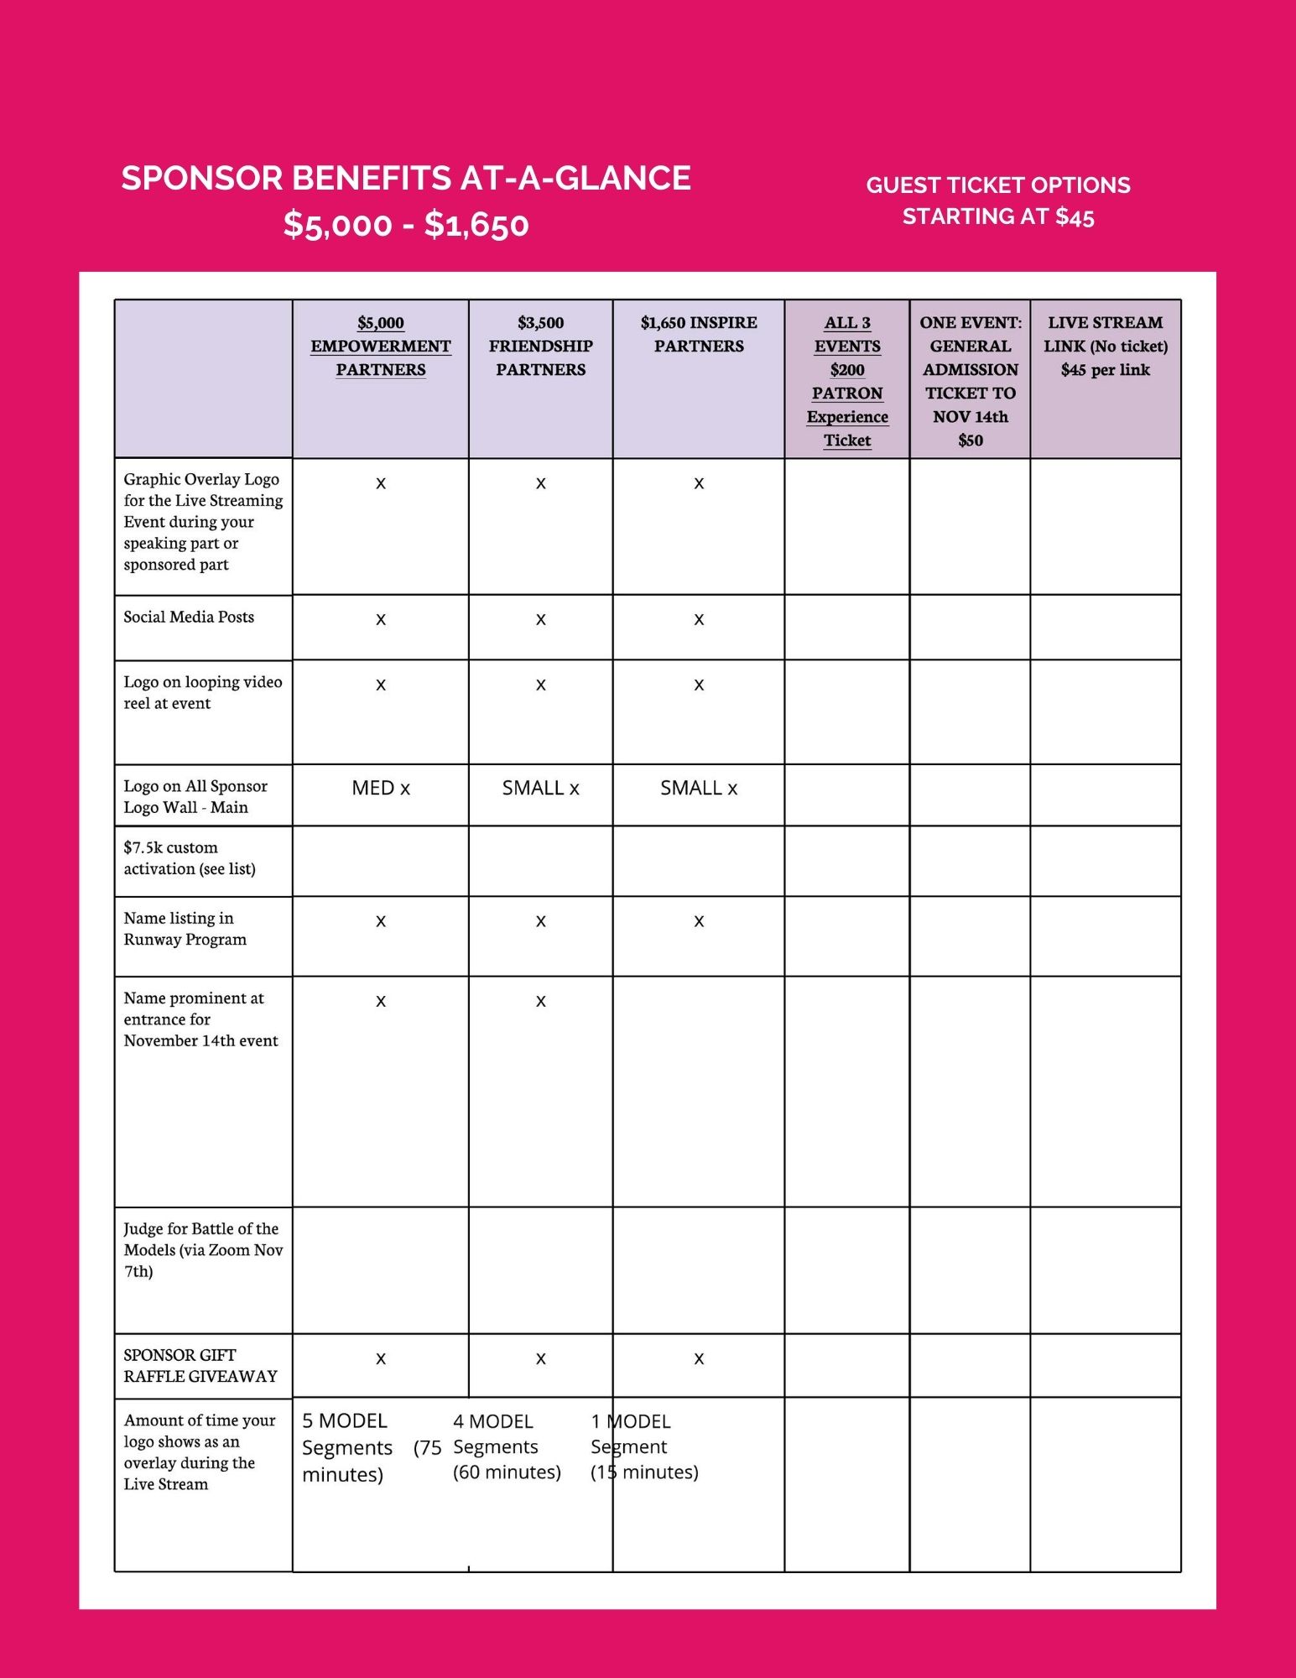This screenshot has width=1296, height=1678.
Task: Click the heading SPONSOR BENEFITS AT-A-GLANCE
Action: [406, 179]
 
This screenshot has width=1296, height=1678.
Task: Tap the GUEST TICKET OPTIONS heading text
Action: [997, 185]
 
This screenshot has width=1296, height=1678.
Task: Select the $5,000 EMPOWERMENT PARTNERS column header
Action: [381, 347]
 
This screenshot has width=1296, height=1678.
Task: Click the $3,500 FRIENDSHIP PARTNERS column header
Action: [541, 347]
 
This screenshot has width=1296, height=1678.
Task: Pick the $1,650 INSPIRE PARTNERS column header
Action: [699, 335]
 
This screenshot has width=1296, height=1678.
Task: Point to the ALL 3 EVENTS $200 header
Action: [847, 382]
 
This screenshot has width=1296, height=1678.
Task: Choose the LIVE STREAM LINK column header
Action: [1105, 347]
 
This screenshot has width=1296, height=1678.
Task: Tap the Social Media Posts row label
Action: [189, 618]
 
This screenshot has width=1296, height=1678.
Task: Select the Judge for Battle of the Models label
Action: [202, 1250]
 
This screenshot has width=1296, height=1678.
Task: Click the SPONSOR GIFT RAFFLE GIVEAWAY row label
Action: [200, 1366]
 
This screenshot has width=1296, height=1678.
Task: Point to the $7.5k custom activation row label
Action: [190, 858]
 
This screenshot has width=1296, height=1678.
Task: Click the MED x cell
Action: [381, 789]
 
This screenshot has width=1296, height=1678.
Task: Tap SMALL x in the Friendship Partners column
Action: [541, 789]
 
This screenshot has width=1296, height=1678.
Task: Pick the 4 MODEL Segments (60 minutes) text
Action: [507, 1447]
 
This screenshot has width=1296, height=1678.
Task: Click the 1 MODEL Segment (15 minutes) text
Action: [644, 1447]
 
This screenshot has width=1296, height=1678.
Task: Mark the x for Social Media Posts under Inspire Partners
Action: [699, 620]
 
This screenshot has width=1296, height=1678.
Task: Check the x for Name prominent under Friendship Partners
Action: [541, 1002]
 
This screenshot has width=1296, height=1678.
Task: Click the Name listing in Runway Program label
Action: [185, 929]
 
